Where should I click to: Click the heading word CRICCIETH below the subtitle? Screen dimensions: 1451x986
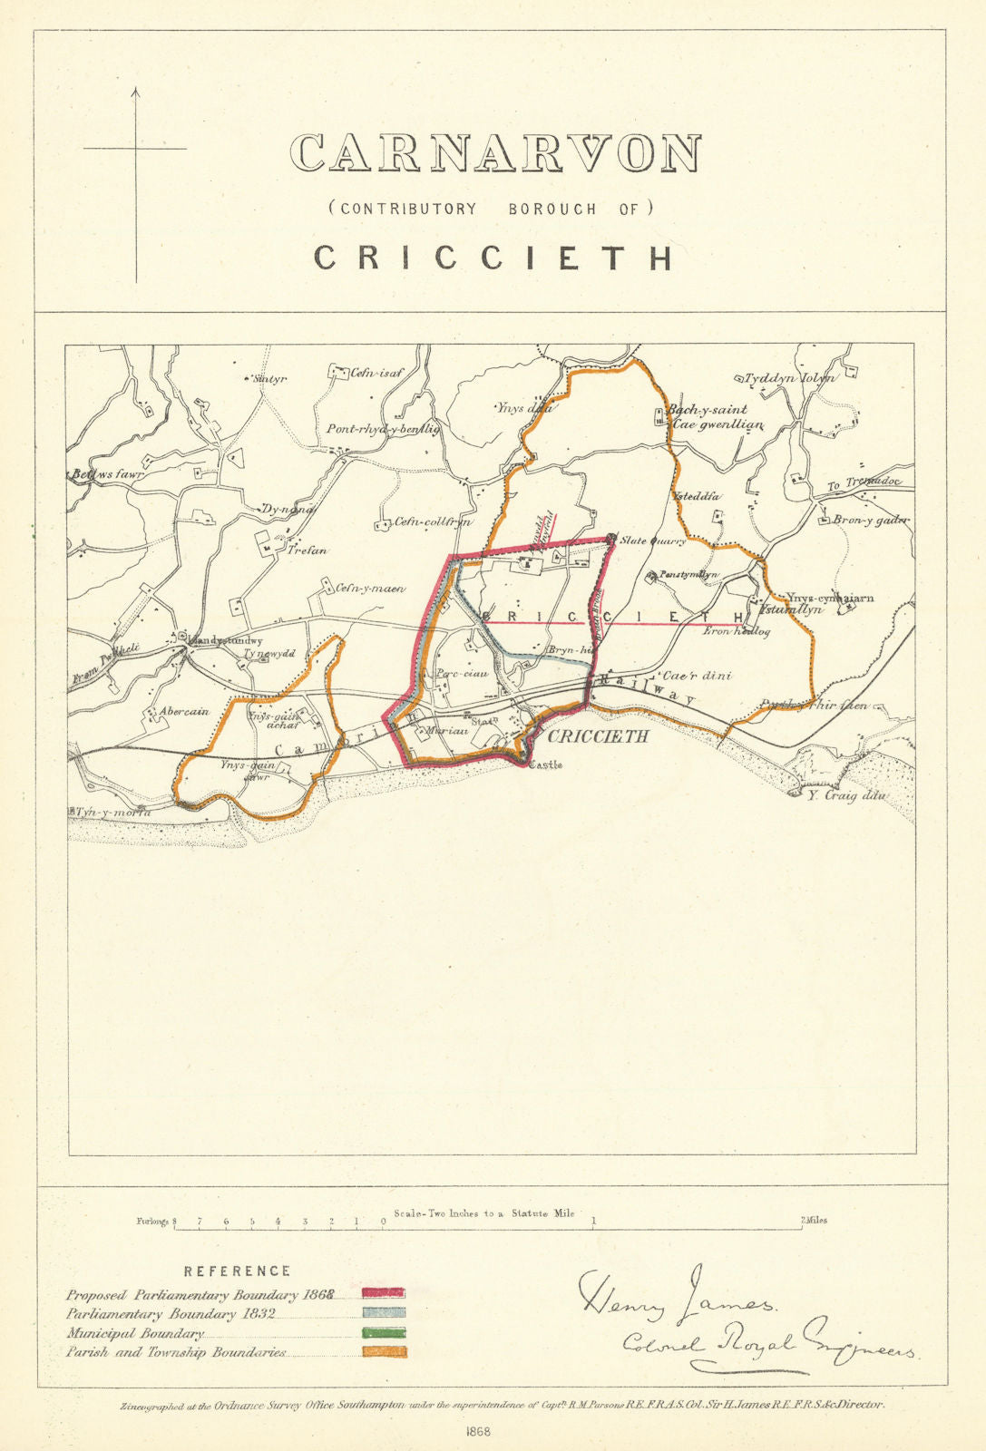(x=494, y=258)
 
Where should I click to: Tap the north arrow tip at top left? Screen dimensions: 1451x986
(x=136, y=89)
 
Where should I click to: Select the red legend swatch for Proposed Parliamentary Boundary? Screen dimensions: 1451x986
(x=384, y=1292)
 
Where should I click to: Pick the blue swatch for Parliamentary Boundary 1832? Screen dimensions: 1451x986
(x=384, y=1312)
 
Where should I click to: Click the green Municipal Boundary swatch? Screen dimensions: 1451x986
(x=384, y=1333)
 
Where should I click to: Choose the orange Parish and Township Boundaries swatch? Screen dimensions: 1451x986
(x=384, y=1352)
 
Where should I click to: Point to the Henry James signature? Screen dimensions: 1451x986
(x=676, y=1296)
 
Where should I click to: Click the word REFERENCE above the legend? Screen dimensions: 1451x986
(x=237, y=1271)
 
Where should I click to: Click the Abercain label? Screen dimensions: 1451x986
(x=184, y=711)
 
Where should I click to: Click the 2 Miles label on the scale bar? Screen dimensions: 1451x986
(x=814, y=1220)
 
